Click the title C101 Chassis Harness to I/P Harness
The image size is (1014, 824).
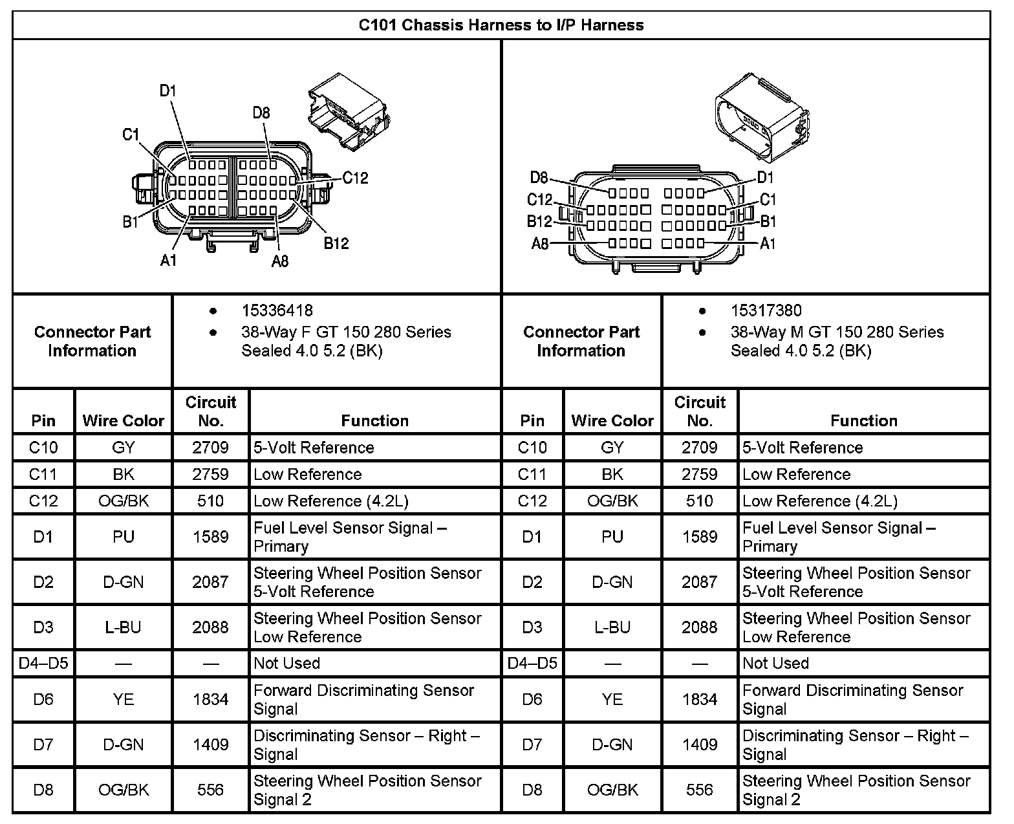501,25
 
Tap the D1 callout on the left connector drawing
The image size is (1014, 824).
168,91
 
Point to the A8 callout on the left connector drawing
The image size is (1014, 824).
280,261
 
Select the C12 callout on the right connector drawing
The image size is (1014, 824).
540,200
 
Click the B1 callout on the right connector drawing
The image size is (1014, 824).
768,222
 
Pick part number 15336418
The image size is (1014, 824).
277,311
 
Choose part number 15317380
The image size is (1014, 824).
766,311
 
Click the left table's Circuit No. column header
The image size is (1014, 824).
211,411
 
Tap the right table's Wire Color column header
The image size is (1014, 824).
612,421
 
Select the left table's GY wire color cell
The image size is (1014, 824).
124,448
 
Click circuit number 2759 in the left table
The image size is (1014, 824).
211,474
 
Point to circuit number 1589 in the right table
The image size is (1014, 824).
700,537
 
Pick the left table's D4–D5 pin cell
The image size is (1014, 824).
43,664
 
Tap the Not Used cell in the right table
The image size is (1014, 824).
776,664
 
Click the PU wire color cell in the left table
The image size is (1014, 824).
124,537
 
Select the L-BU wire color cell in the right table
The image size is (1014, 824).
612,627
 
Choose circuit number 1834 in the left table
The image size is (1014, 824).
211,699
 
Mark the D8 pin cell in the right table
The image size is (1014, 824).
532,790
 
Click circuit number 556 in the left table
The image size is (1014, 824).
211,790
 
